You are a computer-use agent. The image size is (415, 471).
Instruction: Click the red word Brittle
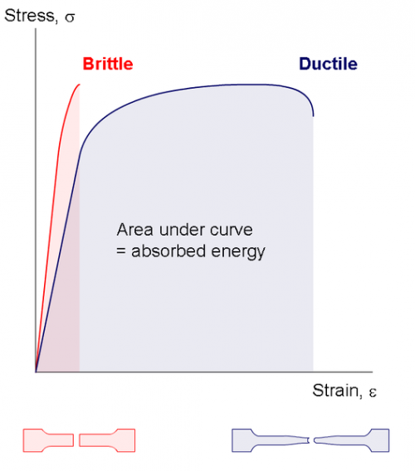[108, 64]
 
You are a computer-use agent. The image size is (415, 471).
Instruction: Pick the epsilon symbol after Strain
[373, 391]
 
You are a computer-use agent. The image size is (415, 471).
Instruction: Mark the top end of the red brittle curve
[80, 84]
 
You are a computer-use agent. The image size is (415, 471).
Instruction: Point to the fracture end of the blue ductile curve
[314, 115]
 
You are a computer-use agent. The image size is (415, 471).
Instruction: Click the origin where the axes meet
[36, 371]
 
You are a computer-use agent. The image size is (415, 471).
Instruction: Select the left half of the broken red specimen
[48, 439]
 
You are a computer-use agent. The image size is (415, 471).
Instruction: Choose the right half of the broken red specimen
[108, 439]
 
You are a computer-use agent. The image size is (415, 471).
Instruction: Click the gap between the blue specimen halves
[310, 439]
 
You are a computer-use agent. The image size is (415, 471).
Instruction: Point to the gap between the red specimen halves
[78, 439]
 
